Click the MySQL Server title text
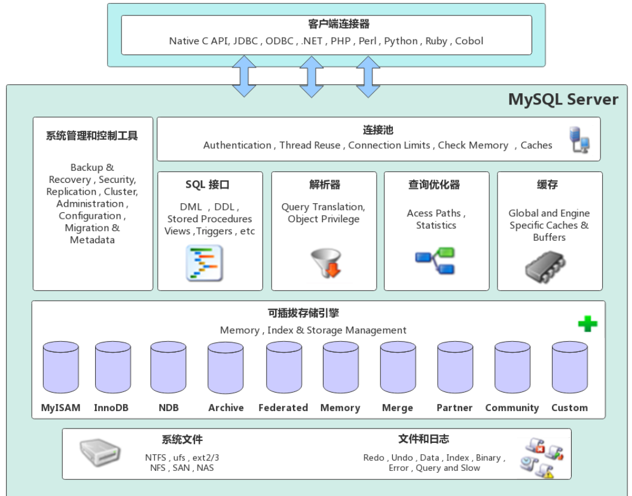click(563, 99)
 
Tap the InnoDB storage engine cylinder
click(112, 368)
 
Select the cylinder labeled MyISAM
click(60, 368)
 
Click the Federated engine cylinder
click(283, 368)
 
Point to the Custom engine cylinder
click(569, 368)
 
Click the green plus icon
click(587, 324)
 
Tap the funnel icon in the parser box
click(326, 263)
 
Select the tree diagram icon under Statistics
click(435, 261)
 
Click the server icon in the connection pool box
click(579, 140)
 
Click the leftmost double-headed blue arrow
click(244, 76)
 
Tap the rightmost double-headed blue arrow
click(368, 76)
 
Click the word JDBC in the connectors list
click(246, 41)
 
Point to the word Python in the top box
click(401, 41)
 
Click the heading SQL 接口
click(207, 185)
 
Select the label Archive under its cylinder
click(225, 408)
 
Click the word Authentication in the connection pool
click(237, 145)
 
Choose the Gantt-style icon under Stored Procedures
click(204, 263)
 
